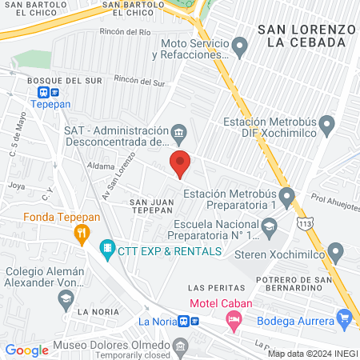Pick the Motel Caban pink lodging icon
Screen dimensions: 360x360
coord(234,322)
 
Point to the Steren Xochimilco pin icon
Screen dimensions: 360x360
coord(337,253)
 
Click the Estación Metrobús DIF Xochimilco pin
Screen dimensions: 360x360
coord(326,124)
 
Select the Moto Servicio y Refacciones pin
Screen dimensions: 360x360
coord(239,50)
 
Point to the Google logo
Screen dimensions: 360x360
coord(27,350)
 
